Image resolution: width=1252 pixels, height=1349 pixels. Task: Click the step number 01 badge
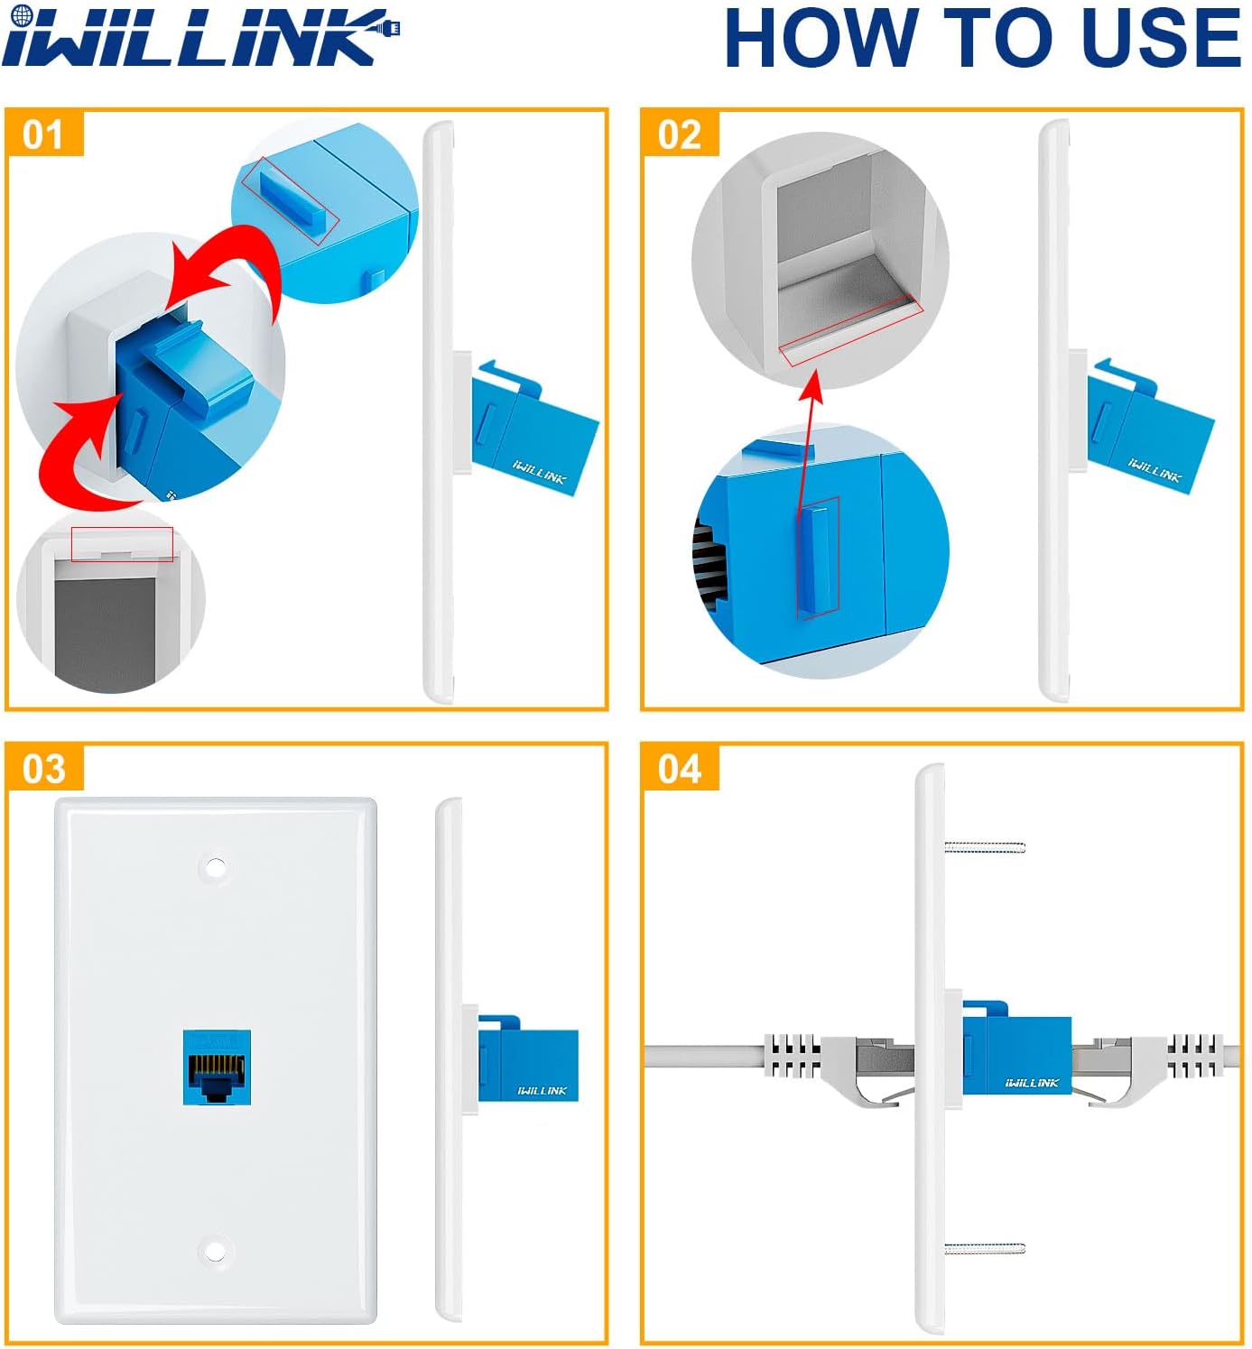click(x=43, y=134)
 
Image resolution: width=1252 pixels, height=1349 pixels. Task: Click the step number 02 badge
click(x=679, y=134)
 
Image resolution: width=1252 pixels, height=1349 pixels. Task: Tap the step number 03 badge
click(x=43, y=769)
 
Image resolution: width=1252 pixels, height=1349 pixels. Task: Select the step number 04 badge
click(x=679, y=769)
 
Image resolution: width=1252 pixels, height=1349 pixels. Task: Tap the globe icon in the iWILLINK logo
click(x=23, y=16)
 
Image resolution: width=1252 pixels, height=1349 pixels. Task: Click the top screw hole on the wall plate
click(x=215, y=868)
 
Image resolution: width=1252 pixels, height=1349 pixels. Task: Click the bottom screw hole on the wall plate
click(x=215, y=1252)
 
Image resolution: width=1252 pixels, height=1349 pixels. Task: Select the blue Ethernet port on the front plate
click(x=217, y=1067)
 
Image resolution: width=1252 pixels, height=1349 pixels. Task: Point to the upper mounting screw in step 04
click(x=984, y=846)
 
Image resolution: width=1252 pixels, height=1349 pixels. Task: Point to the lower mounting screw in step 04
click(x=984, y=1249)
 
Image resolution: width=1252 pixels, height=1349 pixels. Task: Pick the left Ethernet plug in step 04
click(x=839, y=1065)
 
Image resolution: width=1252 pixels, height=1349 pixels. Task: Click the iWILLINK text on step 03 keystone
click(x=542, y=1090)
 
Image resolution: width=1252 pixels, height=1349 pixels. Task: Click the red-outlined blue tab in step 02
click(x=818, y=558)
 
